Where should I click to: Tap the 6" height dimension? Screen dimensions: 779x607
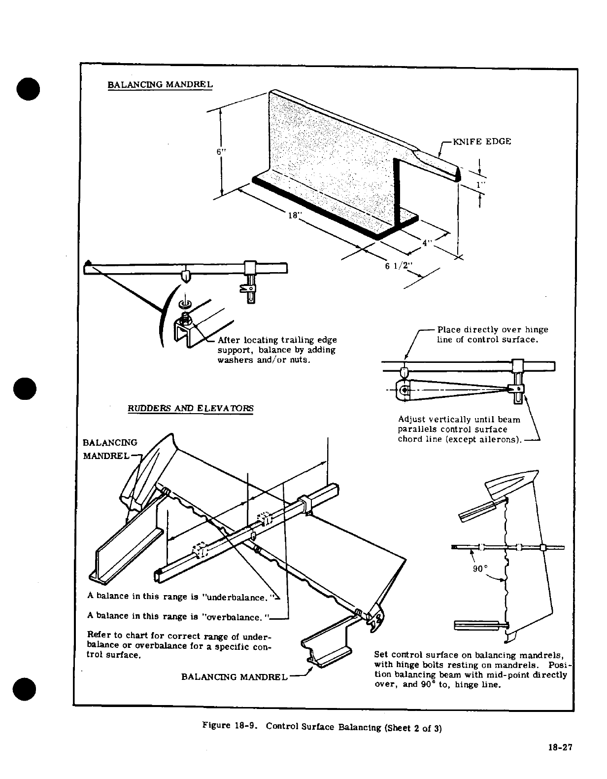[x=221, y=151]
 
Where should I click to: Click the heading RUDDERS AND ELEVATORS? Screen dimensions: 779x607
[x=190, y=408]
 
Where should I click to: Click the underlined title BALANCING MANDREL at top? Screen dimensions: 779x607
[x=160, y=84]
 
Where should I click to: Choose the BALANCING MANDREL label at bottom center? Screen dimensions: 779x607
[x=234, y=676]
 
